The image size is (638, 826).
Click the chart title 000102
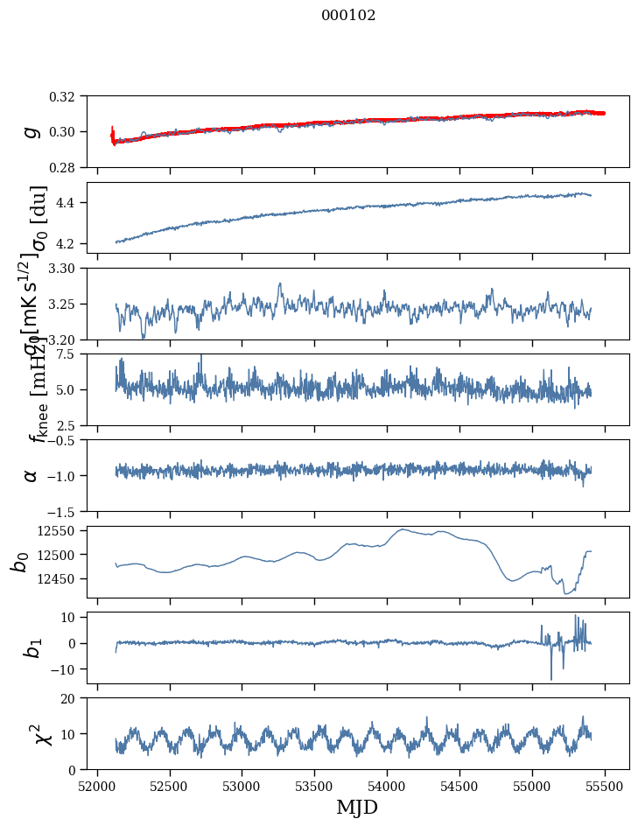pos(348,16)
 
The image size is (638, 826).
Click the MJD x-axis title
pos(356,807)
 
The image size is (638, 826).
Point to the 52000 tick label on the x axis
pos(97,784)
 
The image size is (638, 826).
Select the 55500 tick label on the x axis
pos(605,784)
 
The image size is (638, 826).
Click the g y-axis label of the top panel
pos(32,131)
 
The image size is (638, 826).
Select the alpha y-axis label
pos(32,475)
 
